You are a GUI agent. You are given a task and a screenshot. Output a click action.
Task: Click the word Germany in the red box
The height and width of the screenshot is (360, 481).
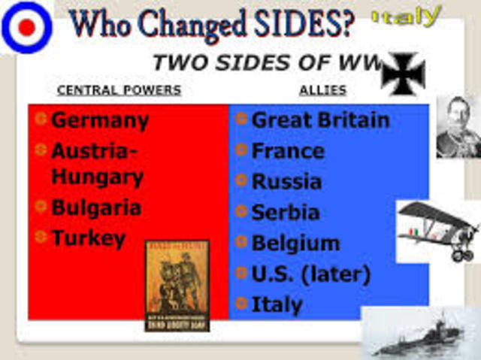99,120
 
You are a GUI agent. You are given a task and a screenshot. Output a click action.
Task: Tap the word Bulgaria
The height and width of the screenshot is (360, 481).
95,207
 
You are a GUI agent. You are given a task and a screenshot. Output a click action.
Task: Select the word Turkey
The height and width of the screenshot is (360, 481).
88,239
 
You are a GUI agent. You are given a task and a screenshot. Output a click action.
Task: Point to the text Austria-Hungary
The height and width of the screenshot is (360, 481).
96,164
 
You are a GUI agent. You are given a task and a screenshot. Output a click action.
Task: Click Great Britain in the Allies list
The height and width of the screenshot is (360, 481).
320,120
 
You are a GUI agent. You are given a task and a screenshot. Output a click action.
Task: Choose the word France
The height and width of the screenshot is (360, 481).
288,151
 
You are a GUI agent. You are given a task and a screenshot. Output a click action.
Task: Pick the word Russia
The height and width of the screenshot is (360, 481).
286,182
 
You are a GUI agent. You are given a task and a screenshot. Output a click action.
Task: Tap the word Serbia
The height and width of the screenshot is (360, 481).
286,213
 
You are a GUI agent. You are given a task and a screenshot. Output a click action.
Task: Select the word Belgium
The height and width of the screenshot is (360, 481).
295,244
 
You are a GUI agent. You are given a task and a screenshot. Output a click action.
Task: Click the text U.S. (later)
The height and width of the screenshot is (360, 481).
310,274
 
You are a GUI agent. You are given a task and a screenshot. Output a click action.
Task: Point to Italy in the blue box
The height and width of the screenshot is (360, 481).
277,305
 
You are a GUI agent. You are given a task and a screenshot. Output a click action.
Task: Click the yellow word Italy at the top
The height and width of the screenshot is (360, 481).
407,16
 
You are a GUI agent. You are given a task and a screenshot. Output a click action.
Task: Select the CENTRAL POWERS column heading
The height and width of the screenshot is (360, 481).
119,90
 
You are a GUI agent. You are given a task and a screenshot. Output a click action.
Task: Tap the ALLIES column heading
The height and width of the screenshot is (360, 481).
323,90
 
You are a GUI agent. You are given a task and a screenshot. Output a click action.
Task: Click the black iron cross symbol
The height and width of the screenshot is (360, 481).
404,74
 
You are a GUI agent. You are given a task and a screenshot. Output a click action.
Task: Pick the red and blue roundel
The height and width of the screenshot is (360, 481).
26,27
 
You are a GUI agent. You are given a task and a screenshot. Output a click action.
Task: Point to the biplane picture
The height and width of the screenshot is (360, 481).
438,229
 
